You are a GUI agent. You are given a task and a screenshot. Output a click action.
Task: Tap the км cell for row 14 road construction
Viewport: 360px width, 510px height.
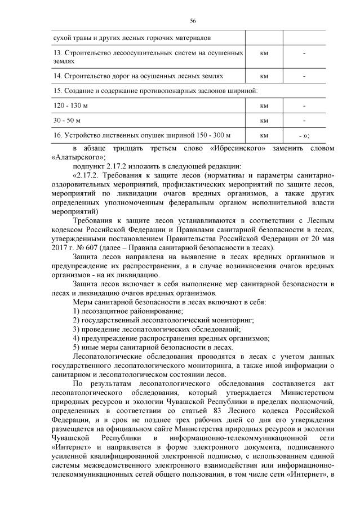point(263,75)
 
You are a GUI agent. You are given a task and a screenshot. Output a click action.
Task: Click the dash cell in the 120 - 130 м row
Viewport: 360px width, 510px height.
point(304,105)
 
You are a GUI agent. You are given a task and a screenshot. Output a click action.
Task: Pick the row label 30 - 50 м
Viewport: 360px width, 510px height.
point(67,121)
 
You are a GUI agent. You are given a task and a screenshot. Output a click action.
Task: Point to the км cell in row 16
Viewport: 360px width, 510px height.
point(263,136)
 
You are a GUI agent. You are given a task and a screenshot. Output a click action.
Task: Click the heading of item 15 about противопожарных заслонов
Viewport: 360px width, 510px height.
point(155,90)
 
